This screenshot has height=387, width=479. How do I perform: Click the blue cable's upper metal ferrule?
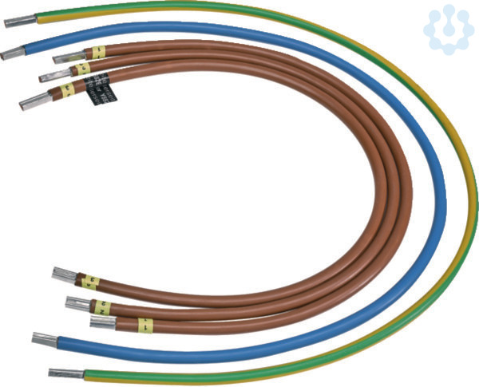point(13,54)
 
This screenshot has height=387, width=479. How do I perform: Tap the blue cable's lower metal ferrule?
point(44,339)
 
